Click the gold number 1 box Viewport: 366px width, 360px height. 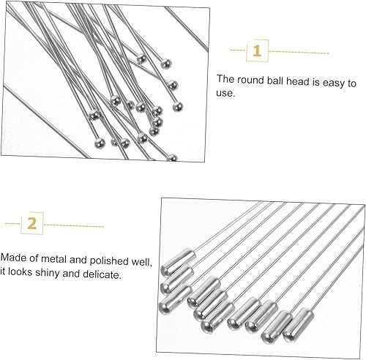click(257, 50)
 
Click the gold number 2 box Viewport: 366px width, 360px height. click(32, 223)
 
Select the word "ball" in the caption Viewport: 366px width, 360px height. click(275, 80)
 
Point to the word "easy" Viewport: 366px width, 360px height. click(334, 83)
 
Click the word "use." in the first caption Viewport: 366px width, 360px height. click(225, 93)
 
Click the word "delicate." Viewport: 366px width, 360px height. click(102, 274)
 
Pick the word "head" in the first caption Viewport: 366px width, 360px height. click(298, 81)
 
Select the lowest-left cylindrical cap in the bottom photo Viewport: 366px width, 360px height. click(175, 299)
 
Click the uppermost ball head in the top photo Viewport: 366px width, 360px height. click(141, 59)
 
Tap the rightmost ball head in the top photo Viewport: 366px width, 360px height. click(178, 107)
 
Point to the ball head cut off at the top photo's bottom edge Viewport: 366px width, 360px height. click(172, 158)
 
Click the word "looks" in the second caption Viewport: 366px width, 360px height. click(20, 271)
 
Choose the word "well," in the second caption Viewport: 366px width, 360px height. click(142, 262)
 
